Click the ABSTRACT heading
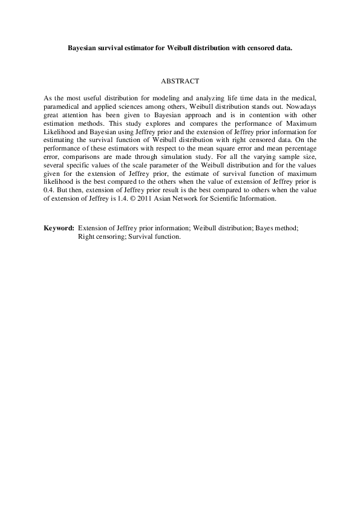pos(180,80)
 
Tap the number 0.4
pos(49,198)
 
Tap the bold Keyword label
pos(59,229)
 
